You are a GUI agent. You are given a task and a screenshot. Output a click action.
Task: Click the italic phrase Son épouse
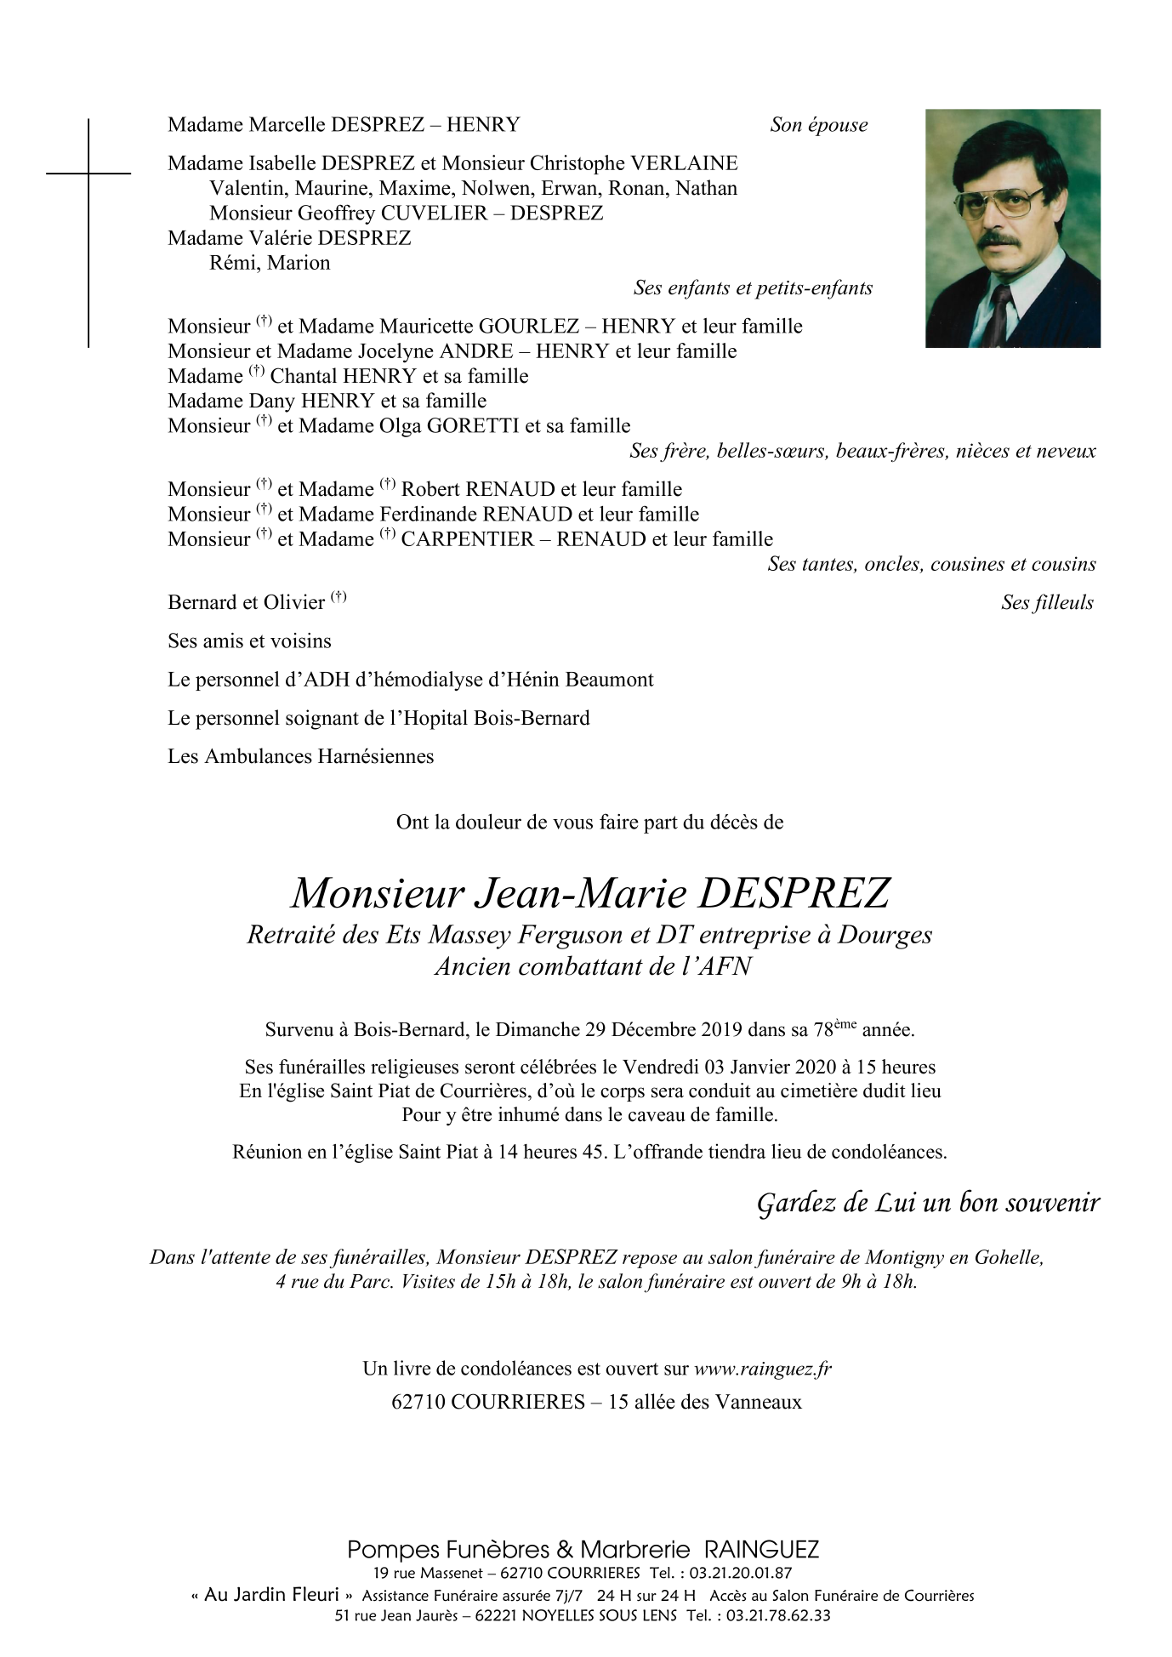(818, 125)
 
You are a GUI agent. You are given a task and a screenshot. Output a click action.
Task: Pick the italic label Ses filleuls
(1047, 603)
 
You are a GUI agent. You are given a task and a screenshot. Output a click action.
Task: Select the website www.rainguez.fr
(763, 1369)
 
